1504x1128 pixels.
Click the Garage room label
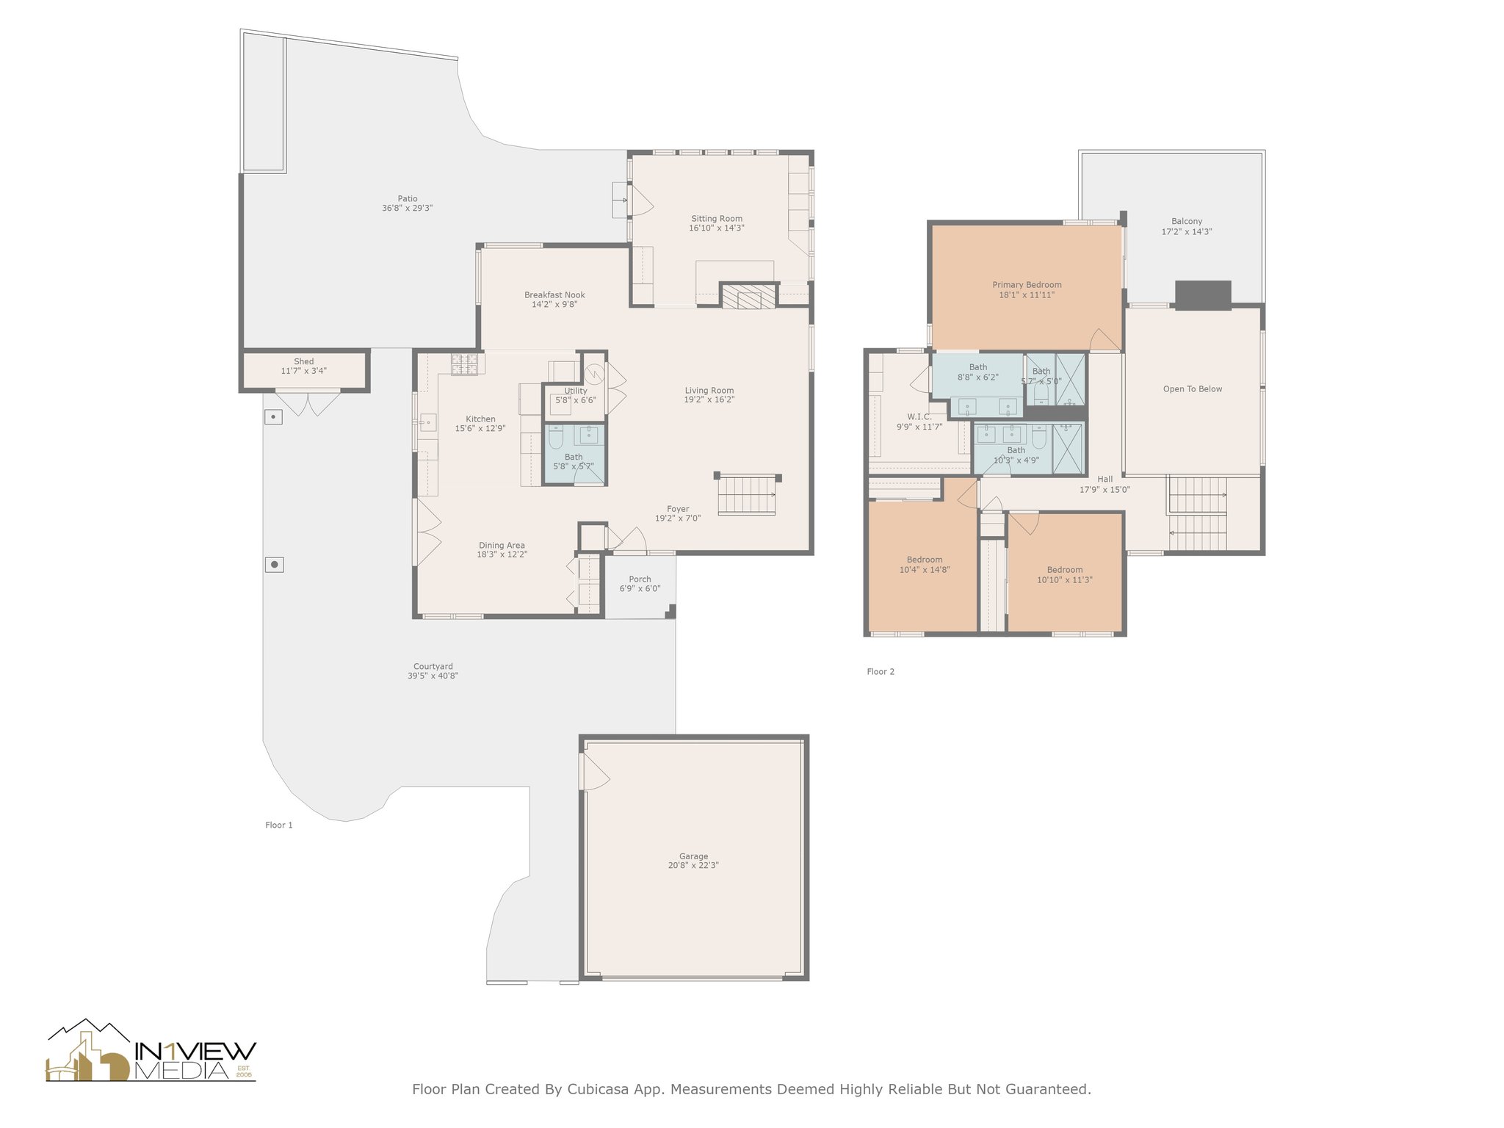pos(693,856)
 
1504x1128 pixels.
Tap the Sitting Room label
pos(716,219)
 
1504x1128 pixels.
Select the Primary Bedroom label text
pos(1027,285)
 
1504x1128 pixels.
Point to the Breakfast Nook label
pos(554,295)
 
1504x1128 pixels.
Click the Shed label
pos(303,361)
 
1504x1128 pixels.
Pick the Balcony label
pos(1187,222)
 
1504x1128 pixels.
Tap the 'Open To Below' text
pos(1193,389)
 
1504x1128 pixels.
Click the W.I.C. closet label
pos(919,417)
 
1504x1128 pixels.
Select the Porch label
pos(640,579)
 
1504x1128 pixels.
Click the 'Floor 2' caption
pos(881,671)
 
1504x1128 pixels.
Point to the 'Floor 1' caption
pos(279,825)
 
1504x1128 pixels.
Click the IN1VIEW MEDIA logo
pos(151,1050)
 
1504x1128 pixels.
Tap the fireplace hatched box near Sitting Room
pos(748,296)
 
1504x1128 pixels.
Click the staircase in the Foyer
pos(746,494)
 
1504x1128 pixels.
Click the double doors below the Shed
pos(308,405)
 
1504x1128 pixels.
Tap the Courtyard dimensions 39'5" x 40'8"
pos(433,676)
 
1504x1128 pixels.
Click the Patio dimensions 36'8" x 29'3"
pos(408,208)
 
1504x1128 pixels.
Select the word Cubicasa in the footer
pos(602,1089)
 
